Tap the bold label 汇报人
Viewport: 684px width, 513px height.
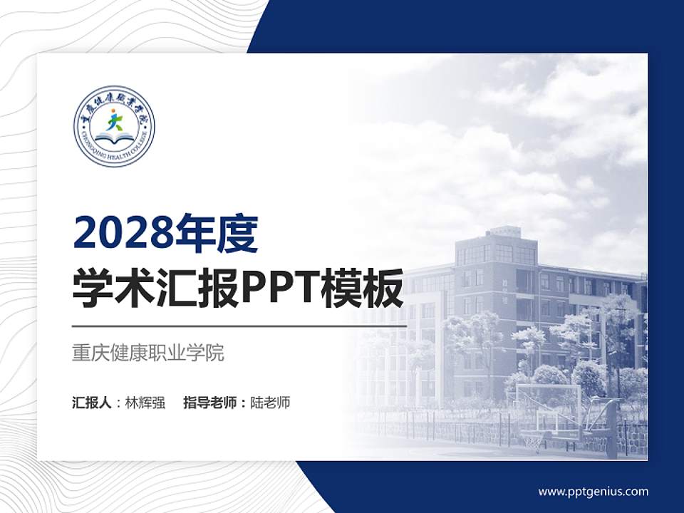(x=92, y=403)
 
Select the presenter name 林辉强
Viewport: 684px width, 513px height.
(x=145, y=403)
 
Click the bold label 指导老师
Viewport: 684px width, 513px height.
(x=211, y=403)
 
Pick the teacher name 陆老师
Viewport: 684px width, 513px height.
(x=271, y=403)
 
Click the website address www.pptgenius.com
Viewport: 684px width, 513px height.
(x=593, y=491)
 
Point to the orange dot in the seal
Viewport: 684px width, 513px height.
(x=112, y=112)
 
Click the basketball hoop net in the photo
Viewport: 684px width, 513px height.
(x=534, y=440)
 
